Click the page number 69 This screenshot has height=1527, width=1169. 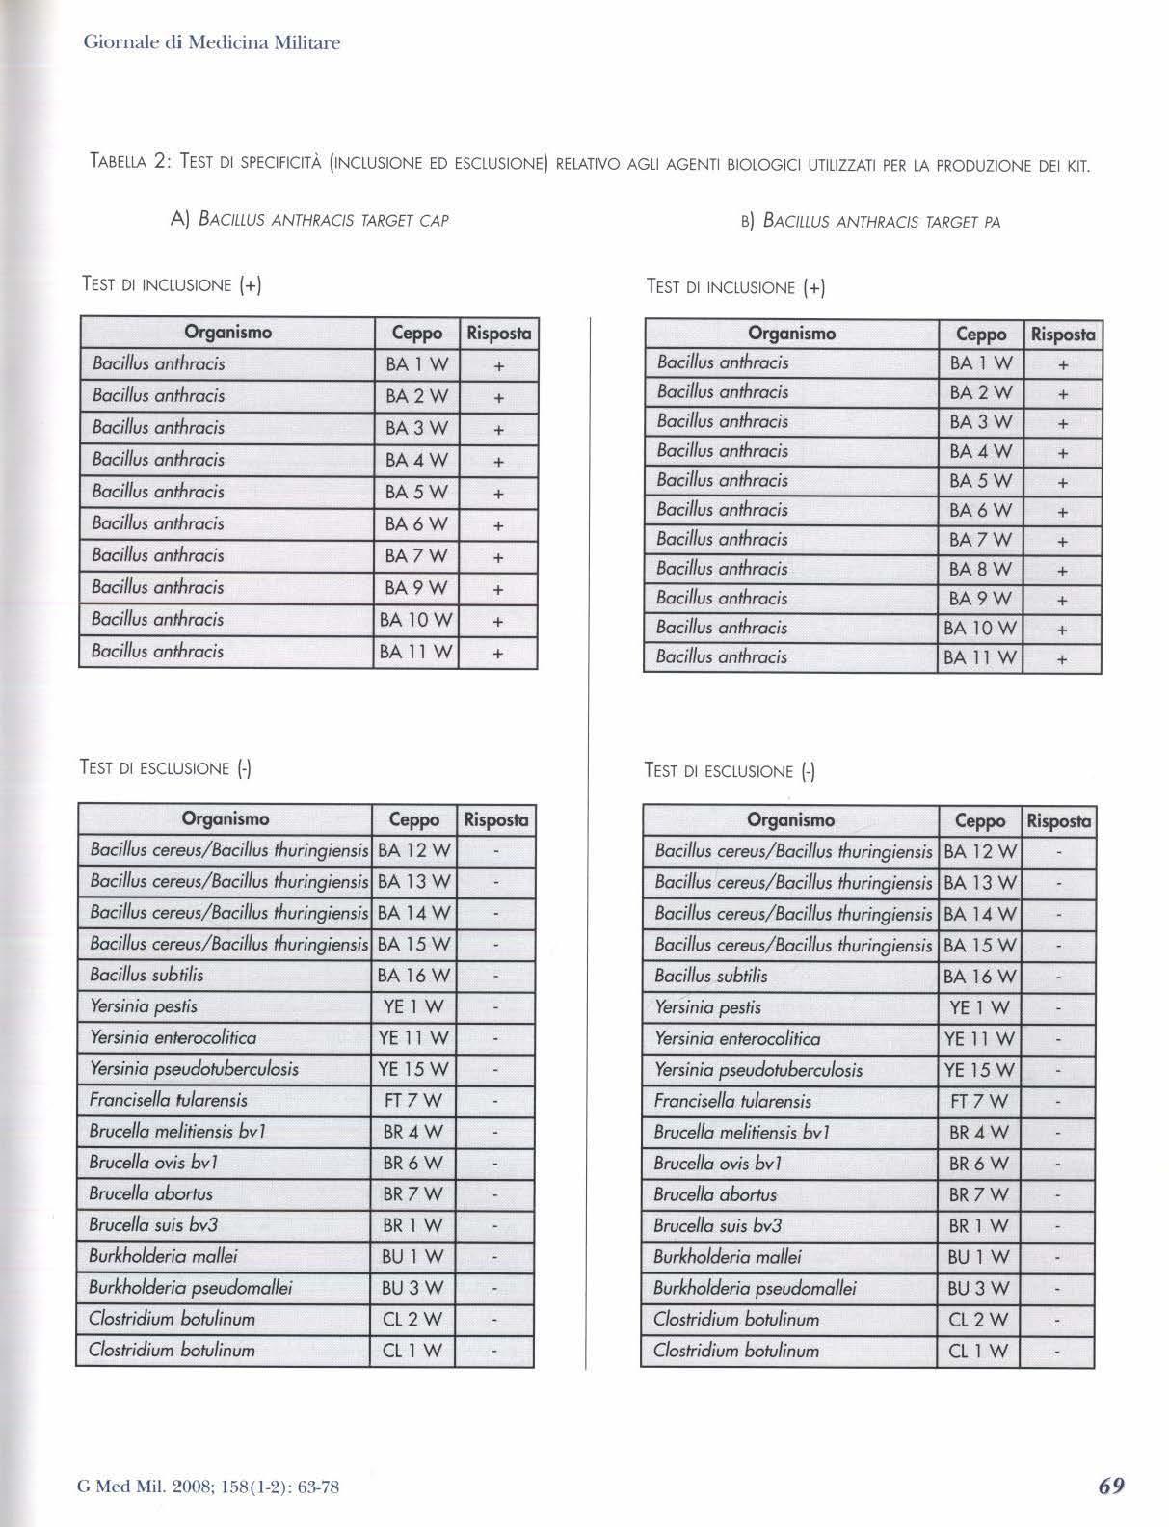[1110, 1486]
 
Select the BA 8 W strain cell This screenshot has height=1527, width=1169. [980, 570]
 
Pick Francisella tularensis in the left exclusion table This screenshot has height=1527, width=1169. [169, 1100]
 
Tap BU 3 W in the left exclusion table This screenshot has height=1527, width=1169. [412, 1288]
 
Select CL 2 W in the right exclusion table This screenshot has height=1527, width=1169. [978, 1320]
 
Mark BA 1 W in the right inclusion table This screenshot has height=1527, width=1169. [980, 363]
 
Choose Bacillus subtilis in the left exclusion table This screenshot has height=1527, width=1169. [146, 975]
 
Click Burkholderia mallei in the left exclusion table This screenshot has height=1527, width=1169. [163, 1256]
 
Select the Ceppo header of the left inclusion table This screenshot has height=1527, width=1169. [416, 334]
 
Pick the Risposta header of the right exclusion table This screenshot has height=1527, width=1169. [1058, 821]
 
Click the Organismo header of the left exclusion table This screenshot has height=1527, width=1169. [226, 819]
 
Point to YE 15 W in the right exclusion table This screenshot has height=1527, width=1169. [978, 1070]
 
